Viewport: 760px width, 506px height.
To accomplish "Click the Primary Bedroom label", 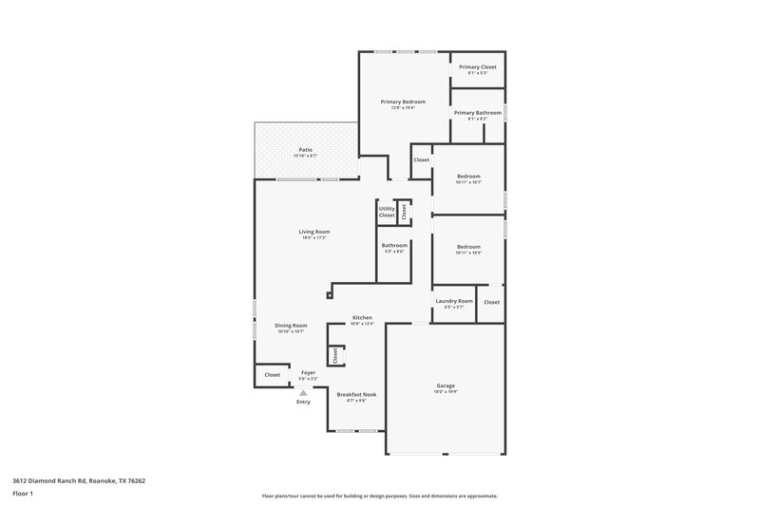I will click(403, 102).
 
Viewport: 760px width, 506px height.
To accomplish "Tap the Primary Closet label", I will click(477, 66).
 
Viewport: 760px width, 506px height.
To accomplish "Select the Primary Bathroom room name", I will click(477, 113).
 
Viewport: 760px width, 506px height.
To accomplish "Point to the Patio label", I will click(306, 149).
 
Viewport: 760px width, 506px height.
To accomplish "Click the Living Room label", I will click(314, 231).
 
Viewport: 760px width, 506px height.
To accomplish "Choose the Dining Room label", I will click(291, 325).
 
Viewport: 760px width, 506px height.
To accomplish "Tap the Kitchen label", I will click(362, 317).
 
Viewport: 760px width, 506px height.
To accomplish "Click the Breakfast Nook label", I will click(357, 394).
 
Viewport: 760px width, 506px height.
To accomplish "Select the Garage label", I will click(446, 385).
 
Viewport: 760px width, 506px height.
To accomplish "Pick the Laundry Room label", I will click(454, 301).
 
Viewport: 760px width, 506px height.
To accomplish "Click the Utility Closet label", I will click(387, 212).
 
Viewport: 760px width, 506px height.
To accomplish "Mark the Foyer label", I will click(308, 372).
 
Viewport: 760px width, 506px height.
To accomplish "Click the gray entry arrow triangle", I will click(304, 391).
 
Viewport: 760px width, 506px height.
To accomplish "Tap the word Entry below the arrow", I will click(303, 402).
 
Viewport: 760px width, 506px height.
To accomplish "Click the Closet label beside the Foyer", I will click(273, 375).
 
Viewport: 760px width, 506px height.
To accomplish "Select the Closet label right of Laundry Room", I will click(491, 302).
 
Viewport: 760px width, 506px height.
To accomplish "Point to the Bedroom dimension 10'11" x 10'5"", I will click(468, 253).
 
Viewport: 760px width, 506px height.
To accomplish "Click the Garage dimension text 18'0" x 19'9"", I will click(446, 391).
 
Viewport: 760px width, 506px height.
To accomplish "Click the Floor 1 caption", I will click(23, 495).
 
